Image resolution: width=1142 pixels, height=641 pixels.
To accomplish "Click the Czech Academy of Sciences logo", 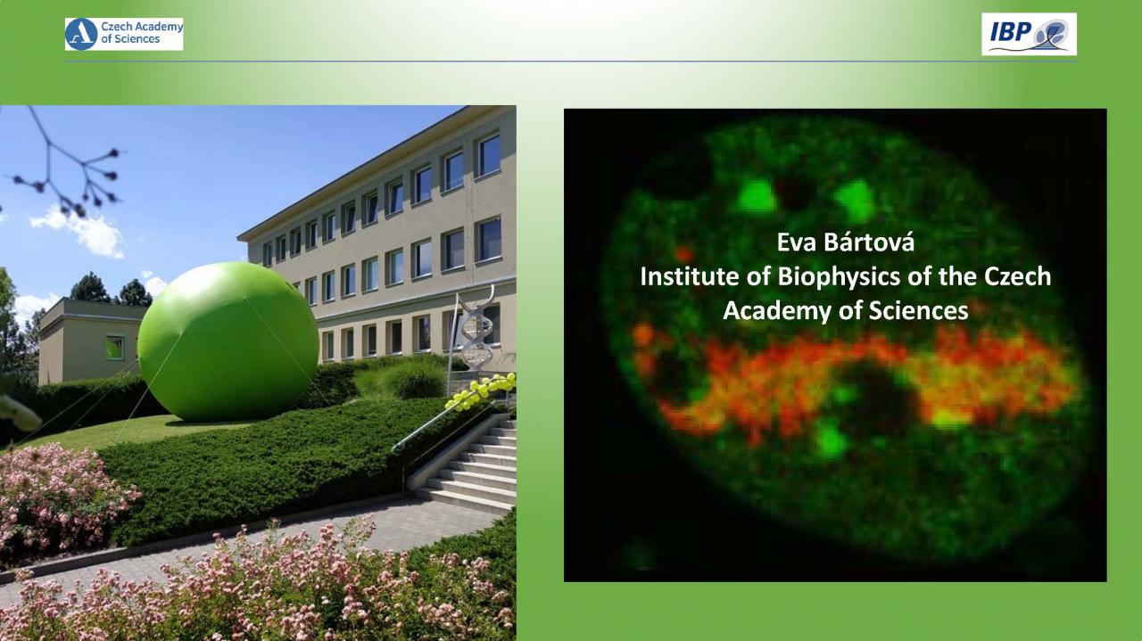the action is pos(124,34).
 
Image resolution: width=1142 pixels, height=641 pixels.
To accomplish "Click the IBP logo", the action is pos(1029,34).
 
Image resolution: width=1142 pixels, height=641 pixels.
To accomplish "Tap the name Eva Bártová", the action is pos(845,242).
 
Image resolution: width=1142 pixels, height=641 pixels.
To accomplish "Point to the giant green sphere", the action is pos(228,341).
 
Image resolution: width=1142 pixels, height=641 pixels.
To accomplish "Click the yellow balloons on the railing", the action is pos(481,390).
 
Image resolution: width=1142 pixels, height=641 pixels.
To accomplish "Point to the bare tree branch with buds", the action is pos(66,163).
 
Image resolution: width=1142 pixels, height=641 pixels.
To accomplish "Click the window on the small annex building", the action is pos(115,348).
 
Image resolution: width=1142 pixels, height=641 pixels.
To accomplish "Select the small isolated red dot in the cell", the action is pos(683,253).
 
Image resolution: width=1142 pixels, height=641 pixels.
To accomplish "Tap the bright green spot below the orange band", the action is pos(830,440).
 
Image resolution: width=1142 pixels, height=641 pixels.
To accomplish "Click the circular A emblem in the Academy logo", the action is pos(81,34).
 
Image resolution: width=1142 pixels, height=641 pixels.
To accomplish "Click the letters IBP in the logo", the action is pos(1011,32).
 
